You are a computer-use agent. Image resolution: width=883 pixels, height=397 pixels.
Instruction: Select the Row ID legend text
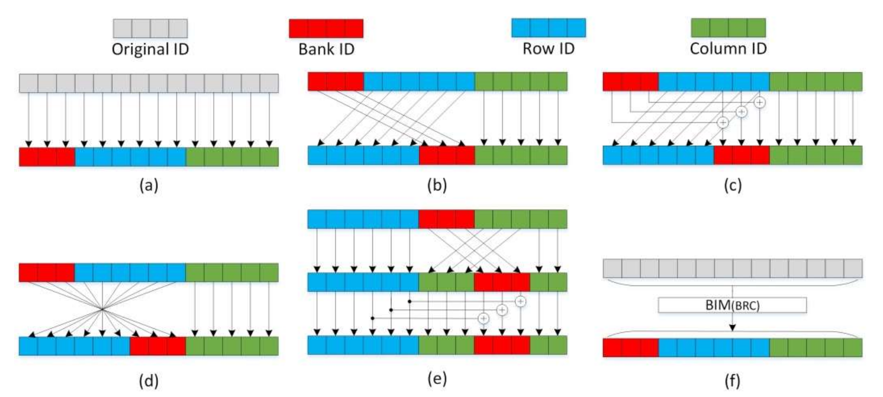pos(548,49)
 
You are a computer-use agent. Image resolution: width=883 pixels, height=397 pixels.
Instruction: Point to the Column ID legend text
pos(728,49)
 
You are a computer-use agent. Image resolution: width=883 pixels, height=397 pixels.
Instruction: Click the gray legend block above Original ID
pos(150,28)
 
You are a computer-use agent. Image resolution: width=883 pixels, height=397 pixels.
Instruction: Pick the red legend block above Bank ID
pos(326,28)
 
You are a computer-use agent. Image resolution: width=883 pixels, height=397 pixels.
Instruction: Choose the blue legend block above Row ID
pos(548,28)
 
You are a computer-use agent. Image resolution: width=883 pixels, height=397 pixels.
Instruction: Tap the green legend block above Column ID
pos(728,28)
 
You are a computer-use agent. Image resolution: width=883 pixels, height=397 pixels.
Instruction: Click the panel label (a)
pos(149,185)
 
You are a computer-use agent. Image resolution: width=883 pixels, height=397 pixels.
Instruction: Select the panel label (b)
pos(437,185)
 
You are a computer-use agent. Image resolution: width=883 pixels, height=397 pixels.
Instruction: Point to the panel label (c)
pos(733,185)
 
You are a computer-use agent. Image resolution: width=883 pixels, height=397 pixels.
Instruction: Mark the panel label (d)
pos(149,381)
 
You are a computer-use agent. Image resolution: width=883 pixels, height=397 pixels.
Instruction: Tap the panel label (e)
pos(437,379)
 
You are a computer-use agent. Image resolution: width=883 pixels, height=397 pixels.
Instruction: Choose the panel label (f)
pos(733,381)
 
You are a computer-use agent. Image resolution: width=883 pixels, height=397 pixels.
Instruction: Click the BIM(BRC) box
pos(732,305)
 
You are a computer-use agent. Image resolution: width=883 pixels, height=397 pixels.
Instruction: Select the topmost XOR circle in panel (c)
pos(760,102)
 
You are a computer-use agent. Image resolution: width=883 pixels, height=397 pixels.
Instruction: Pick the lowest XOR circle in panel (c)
pos(723,122)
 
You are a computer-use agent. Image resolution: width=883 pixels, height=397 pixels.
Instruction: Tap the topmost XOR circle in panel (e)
pos(520,301)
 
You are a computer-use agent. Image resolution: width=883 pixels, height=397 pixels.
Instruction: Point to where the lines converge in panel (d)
pos(102,309)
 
